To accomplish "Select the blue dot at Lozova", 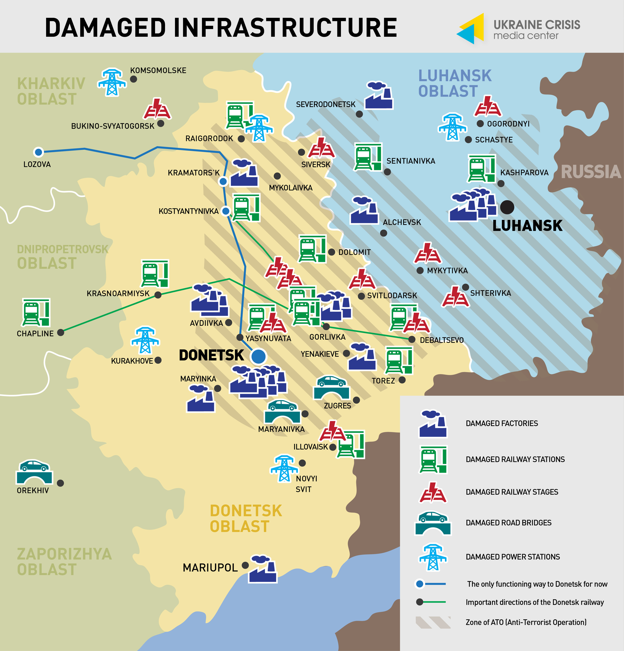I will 38,152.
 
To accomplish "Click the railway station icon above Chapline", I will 36,313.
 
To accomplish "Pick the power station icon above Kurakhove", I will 145,340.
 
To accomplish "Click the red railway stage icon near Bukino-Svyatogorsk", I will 157,109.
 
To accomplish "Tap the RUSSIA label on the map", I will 591,172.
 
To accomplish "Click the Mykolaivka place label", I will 290,188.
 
